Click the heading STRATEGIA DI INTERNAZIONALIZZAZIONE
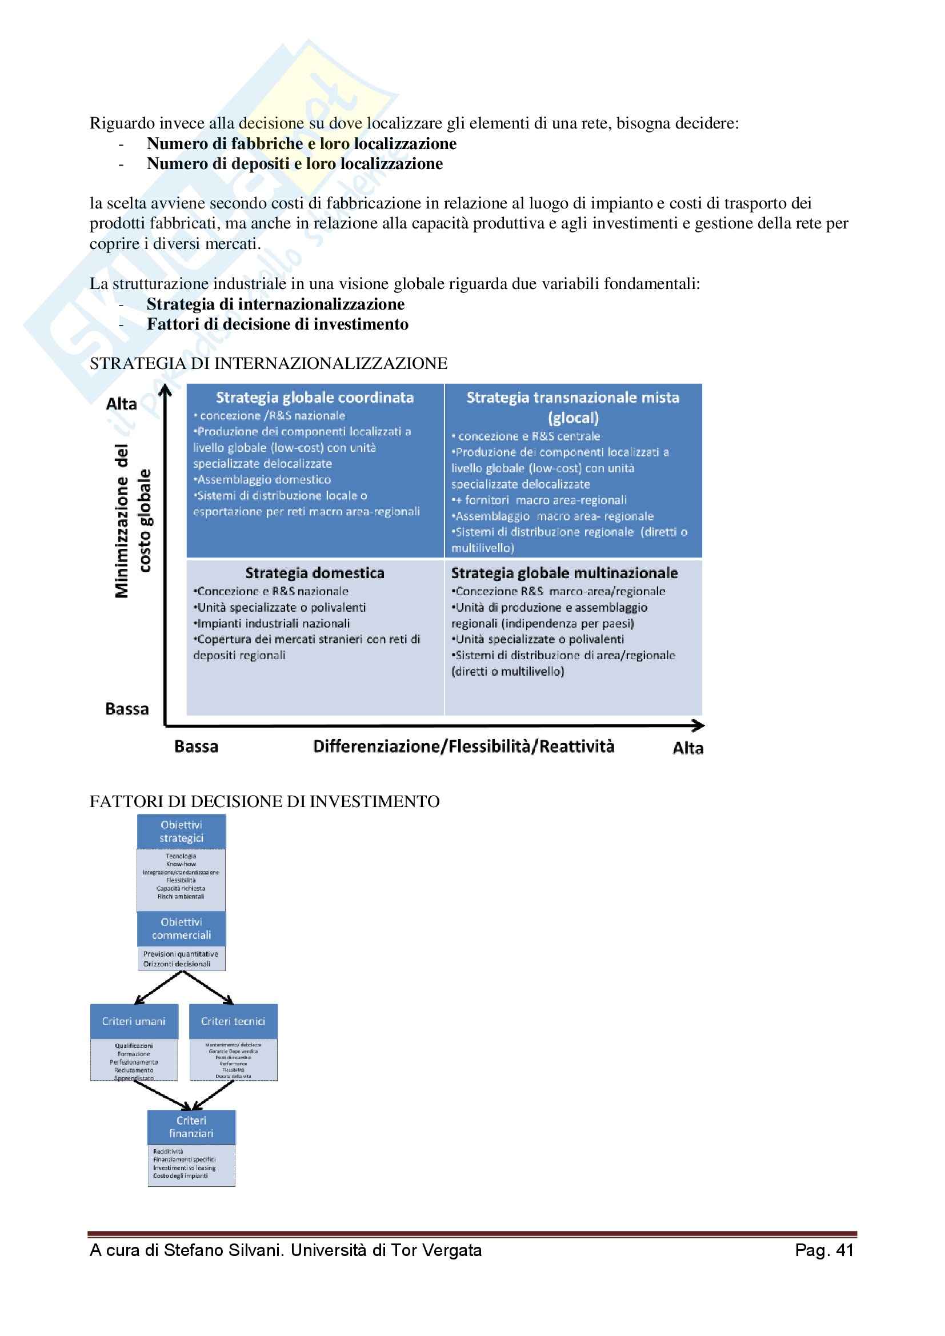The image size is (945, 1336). [x=269, y=364]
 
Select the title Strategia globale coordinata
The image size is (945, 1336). [x=315, y=398]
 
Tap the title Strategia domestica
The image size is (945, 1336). [x=315, y=573]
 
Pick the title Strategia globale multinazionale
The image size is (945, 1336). [x=564, y=573]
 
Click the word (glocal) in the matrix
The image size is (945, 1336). [x=573, y=418]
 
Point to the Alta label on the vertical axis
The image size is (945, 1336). [x=122, y=404]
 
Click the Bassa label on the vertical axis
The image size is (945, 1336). [x=127, y=709]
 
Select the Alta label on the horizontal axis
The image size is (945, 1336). [x=688, y=748]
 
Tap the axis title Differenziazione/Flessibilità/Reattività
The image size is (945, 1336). [x=463, y=747]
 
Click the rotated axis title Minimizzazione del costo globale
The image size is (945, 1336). [x=133, y=521]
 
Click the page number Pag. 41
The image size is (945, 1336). [x=824, y=1250]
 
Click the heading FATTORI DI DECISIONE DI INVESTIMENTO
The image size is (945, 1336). [x=265, y=802]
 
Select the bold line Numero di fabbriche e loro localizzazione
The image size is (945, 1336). [x=302, y=144]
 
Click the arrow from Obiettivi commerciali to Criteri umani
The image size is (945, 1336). [x=158, y=988]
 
